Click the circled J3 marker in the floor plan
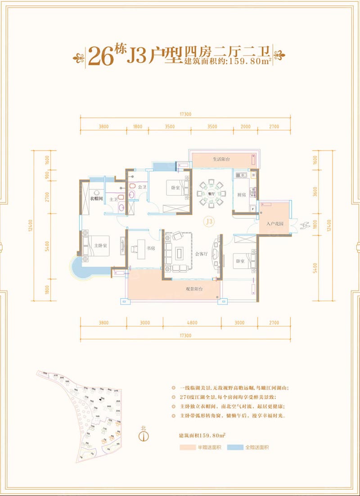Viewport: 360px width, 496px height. pyautogui.click(x=208, y=221)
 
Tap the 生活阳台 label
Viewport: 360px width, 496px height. pyautogui.click(x=221, y=159)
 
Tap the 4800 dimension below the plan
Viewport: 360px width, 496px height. pyautogui.click(x=192, y=323)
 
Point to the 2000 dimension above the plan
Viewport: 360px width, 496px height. pyautogui.click(x=245, y=127)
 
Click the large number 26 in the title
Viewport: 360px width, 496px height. pyautogui.click(x=101, y=55)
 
